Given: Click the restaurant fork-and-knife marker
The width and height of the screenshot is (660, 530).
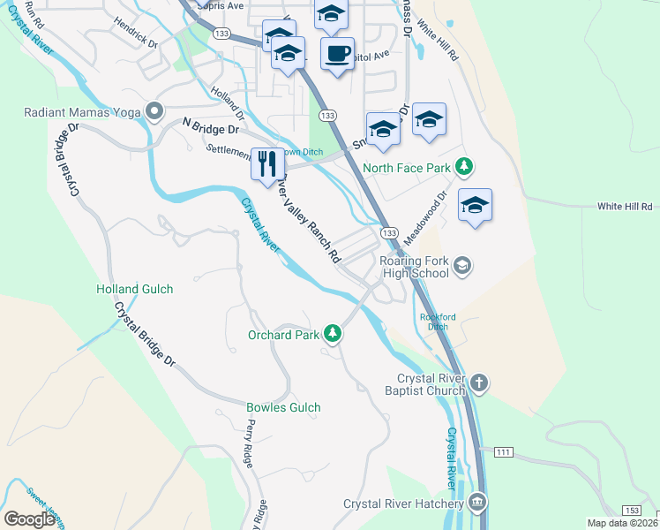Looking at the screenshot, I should coord(267,163).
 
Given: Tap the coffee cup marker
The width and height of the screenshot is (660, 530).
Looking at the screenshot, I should coord(337,53).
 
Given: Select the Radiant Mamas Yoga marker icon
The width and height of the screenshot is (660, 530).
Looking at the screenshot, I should coord(154,111).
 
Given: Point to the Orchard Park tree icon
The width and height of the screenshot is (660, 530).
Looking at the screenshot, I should coord(333,334).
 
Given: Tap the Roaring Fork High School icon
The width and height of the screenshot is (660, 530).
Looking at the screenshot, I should coord(462,266).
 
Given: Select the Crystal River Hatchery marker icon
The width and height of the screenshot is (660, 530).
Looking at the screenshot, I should coord(477,503).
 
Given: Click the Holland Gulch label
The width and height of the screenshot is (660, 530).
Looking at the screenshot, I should coord(134,289).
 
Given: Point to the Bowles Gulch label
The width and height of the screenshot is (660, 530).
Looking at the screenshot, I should coord(283,407).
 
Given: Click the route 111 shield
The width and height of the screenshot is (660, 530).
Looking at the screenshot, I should coord(503,452).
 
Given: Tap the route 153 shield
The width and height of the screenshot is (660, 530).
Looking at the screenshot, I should coord(632,510).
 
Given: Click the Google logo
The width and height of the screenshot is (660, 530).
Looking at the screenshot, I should coord(29,519).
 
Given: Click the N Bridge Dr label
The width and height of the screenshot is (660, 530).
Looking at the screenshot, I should coord(211,128).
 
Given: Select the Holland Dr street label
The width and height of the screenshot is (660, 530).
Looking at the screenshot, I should coord(228,101).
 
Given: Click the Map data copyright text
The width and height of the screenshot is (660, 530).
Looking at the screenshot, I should coord(623,523).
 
